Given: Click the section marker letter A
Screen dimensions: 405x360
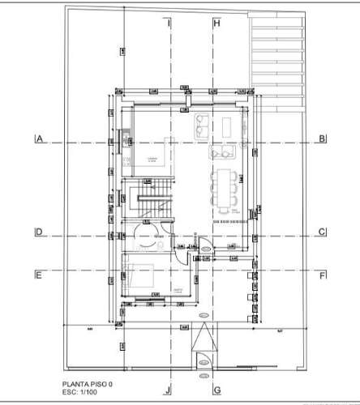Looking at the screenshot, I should tap(39, 139).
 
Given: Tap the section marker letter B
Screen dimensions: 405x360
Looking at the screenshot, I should tap(322, 139).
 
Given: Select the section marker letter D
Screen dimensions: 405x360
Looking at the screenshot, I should tap(39, 232).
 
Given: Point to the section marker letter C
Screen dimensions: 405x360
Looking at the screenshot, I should tap(322, 232).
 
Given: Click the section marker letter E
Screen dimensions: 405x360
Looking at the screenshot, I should tap(39, 275).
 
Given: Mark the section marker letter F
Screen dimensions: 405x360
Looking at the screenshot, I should tap(322, 275).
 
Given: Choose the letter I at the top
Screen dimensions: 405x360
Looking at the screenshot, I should tap(169, 23).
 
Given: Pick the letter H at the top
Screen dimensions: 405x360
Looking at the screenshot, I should tap(216, 23).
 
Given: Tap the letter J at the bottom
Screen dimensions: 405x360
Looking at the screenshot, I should tap(169, 389).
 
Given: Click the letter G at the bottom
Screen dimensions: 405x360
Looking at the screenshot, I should tap(216, 389).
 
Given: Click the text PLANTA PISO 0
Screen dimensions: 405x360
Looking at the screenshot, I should tap(89, 386).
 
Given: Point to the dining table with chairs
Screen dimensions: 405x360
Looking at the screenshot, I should tap(223, 189).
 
